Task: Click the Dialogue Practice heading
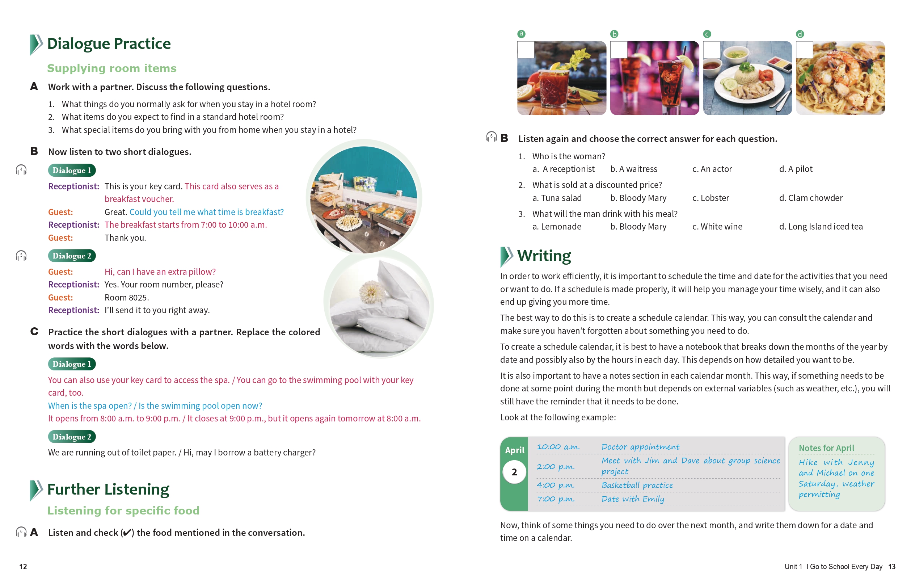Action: (x=109, y=44)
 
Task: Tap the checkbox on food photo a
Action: (x=526, y=50)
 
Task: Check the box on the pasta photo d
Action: (x=804, y=50)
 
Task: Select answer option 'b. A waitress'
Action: (x=633, y=169)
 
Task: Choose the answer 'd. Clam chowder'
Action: (x=810, y=198)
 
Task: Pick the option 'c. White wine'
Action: (x=717, y=227)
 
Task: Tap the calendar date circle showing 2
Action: (x=514, y=472)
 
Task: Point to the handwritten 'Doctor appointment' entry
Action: (x=640, y=447)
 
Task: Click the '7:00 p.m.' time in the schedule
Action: (x=556, y=499)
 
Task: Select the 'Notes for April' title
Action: (x=826, y=448)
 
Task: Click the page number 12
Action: (x=23, y=567)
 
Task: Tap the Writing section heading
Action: (x=544, y=256)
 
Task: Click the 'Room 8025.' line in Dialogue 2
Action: (x=127, y=298)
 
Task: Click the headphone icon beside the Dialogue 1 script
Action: (x=21, y=170)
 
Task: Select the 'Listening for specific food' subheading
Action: (x=123, y=511)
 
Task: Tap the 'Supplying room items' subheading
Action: (x=112, y=68)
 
